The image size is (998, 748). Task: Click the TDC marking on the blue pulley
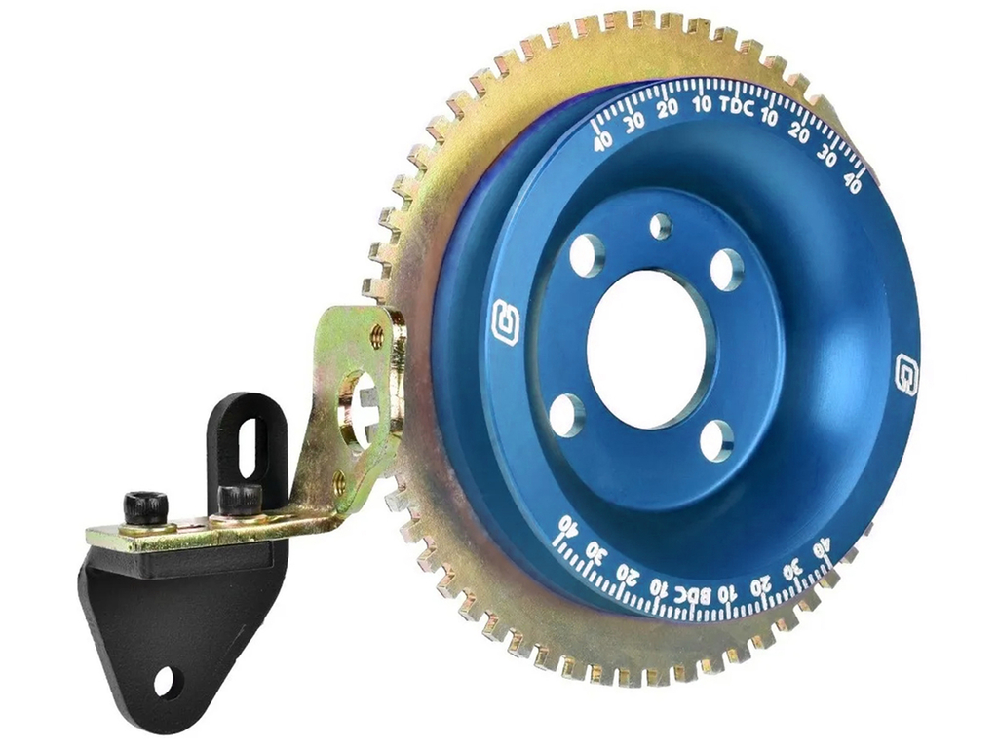pos(737,107)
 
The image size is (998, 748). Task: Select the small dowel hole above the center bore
pos(661,225)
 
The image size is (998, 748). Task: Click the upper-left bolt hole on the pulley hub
pos(586,255)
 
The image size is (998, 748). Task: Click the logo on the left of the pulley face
pos(506,320)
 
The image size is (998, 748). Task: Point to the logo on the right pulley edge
pos(905,375)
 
